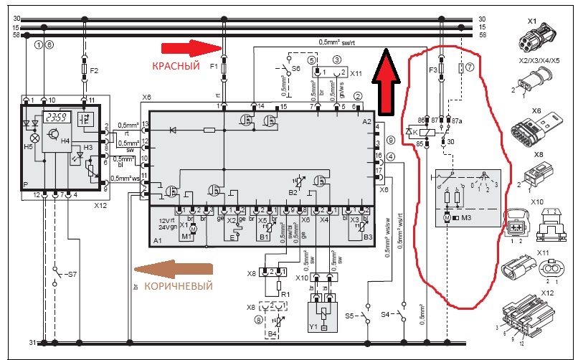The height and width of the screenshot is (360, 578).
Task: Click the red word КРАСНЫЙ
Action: pos(175,65)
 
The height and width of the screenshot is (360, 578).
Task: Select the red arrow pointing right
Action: pos(189,48)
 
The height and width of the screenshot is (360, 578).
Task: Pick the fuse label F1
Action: pos(213,66)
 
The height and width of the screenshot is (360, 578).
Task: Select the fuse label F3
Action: pos(432,70)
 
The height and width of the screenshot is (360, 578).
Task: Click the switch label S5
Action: pos(348,314)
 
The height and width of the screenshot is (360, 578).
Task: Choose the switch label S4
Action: pos(384,314)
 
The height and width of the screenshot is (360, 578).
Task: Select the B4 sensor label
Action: pos(273,335)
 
